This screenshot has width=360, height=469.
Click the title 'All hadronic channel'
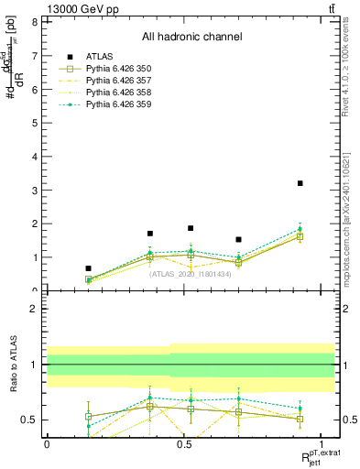pyautogui.click(x=191, y=37)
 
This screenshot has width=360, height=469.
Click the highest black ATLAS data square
pyautogui.click(x=300, y=183)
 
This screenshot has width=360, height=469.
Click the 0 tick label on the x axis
pyautogui.click(x=47, y=444)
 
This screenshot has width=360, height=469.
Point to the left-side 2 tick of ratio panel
pyautogui.click(x=34, y=309)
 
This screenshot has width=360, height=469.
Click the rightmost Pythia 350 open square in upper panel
pyautogui.click(x=300, y=236)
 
